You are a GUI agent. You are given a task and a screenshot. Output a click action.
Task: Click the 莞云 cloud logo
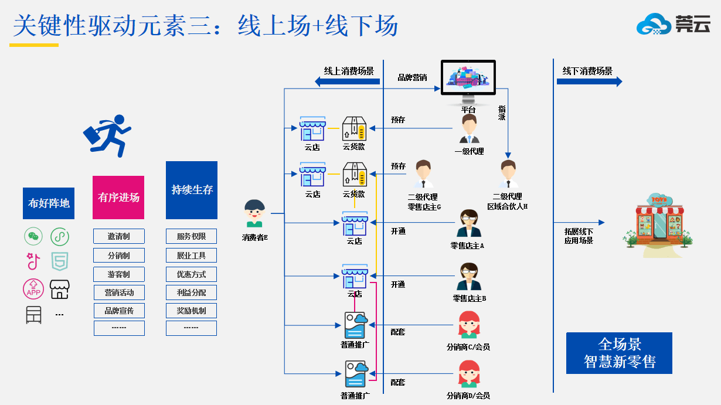(673, 24)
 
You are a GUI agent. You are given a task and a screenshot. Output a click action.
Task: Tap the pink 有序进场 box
(118, 198)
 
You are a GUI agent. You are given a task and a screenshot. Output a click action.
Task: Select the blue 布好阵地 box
(49, 203)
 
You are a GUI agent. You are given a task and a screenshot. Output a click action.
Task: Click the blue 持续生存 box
(192, 190)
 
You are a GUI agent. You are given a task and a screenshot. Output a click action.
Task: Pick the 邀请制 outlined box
(118, 237)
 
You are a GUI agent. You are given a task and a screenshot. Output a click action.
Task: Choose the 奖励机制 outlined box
(191, 310)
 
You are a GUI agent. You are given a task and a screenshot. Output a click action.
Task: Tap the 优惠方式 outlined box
(191, 274)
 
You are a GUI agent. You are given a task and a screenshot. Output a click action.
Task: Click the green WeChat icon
(33, 237)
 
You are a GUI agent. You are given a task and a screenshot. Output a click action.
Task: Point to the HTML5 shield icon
(60, 260)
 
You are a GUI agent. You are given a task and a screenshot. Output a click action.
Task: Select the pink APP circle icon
(33, 289)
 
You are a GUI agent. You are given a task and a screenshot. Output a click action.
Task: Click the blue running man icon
(108, 135)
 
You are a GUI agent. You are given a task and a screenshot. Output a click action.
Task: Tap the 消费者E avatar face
(254, 213)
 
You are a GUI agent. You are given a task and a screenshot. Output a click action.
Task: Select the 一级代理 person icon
(469, 129)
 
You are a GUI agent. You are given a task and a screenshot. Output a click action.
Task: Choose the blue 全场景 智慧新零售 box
(619, 353)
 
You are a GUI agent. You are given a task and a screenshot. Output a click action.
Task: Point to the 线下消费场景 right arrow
(589, 82)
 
